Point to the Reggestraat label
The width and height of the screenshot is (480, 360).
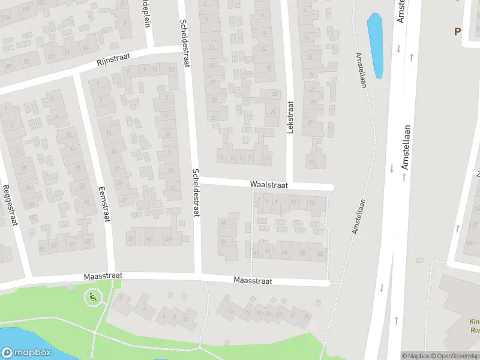(x=10, y=205)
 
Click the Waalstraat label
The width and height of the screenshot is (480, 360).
(x=269, y=185)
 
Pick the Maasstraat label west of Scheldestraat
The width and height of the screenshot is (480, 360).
(x=103, y=275)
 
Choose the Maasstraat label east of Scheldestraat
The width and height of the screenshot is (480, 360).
(x=253, y=280)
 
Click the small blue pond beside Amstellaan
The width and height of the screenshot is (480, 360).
(x=375, y=45)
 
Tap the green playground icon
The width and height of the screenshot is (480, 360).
(x=92, y=296)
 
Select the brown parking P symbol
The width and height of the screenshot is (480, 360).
(x=457, y=32)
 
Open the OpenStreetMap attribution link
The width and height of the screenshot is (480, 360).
(x=457, y=356)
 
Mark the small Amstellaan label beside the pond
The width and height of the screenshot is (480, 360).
(x=361, y=71)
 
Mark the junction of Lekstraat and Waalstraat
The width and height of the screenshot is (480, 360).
(x=290, y=185)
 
